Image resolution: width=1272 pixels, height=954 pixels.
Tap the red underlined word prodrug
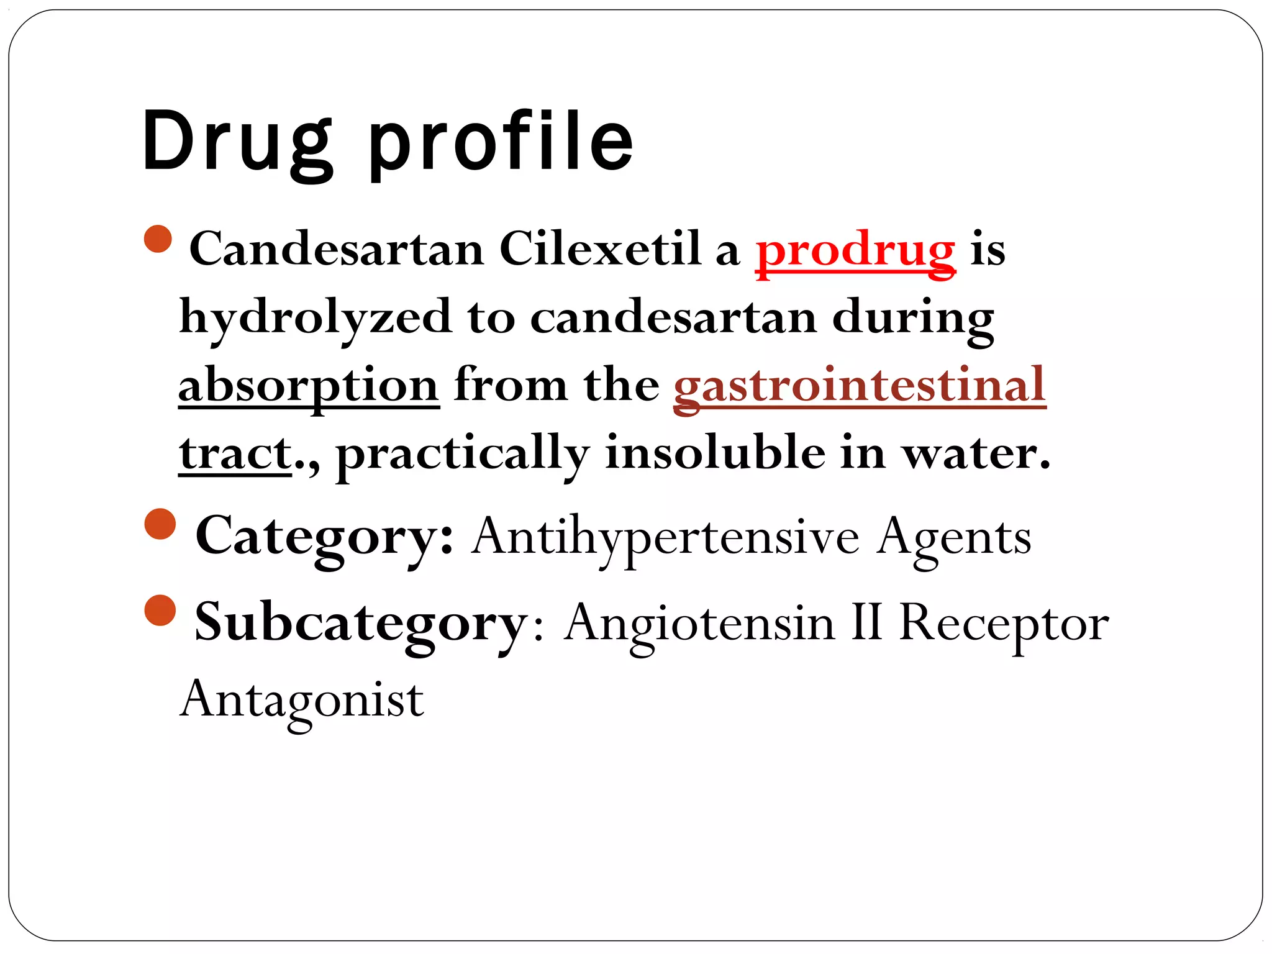(855, 250)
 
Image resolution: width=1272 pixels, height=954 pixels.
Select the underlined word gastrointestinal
(860, 385)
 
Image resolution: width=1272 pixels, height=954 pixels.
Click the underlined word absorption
(309, 385)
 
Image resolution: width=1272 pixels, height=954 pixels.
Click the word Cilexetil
(599, 249)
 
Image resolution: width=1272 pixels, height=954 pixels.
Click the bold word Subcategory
(361, 622)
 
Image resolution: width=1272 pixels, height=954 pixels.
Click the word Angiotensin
(699, 622)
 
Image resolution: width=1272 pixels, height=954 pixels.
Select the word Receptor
(1004, 622)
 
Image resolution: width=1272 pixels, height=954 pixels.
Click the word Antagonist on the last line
(302, 699)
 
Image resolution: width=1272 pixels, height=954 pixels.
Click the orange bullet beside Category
(160, 524)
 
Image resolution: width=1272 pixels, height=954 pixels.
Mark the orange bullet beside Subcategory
(160, 610)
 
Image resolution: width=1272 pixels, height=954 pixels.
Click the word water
(975, 453)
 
